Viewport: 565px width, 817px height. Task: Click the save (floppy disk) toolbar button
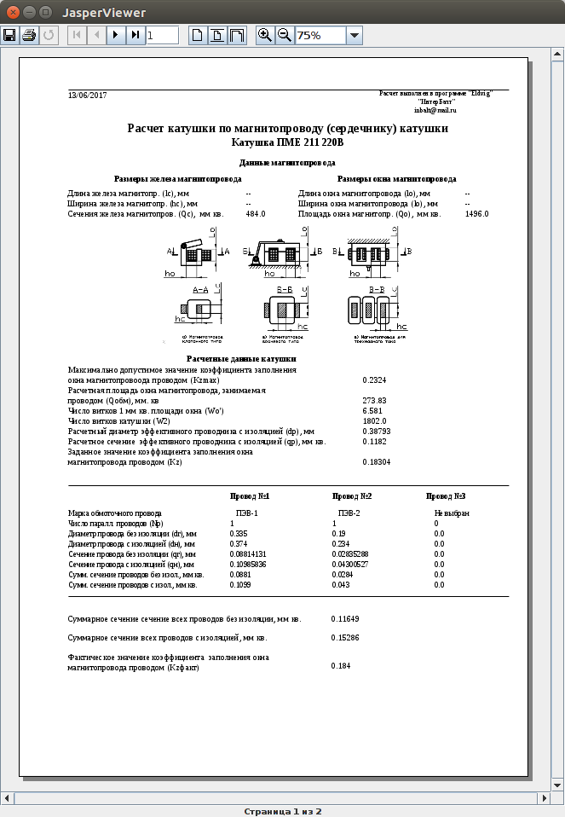tap(10, 35)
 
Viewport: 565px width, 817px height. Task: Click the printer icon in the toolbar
tap(29, 35)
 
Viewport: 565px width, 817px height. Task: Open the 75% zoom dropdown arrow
tap(355, 35)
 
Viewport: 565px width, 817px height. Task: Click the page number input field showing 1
tap(162, 35)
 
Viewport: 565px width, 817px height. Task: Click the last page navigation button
tap(135, 35)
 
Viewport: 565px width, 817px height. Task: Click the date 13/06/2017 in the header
tap(88, 95)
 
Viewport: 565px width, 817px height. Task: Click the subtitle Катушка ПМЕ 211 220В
tap(287, 142)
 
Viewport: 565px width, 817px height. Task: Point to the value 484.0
tap(256, 214)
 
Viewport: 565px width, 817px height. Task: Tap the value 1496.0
tap(477, 214)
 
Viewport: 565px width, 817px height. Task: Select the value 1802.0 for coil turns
tap(374, 421)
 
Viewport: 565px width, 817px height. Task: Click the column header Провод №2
tap(351, 496)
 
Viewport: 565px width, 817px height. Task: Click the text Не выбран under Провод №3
tap(452, 513)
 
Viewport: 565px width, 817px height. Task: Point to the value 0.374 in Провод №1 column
tap(239, 543)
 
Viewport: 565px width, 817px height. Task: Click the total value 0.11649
tap(345, 617)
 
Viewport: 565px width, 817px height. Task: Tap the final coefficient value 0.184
tap(340, 665)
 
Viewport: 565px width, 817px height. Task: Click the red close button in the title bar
tap(10, 12)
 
